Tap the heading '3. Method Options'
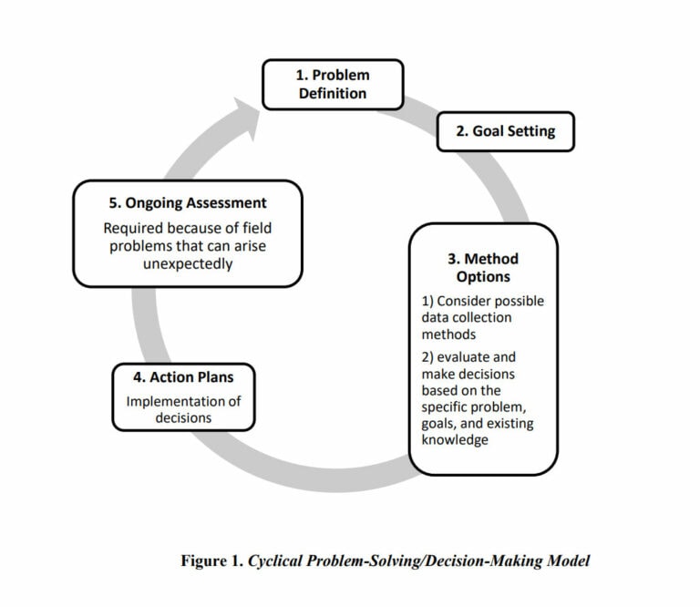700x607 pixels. pos(482,268)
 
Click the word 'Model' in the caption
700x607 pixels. pos(567,561)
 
